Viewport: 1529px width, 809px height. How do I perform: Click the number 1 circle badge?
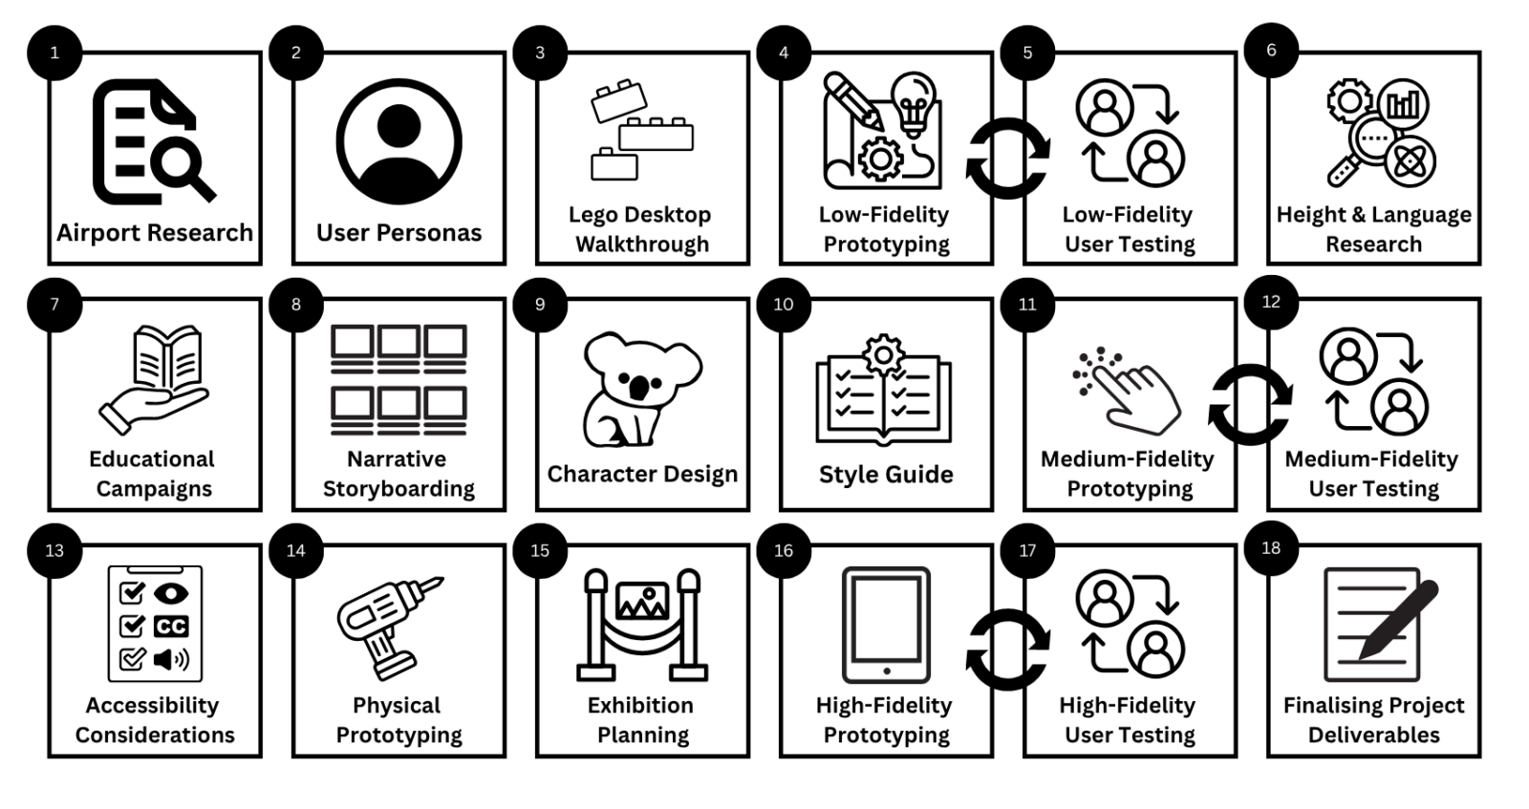pyautogui.click(x=54, y=53)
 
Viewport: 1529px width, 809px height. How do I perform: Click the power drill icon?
pyautogui.click(x=387, y=627)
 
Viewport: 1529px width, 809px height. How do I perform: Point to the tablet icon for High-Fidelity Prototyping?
pyautogui.click(x=886, y=625)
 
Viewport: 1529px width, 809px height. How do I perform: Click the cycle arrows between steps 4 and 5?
pyautogui.click(x=1007, y=159)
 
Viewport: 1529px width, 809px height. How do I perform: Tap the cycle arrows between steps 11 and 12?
pyautogui.click(x=1250, y=404)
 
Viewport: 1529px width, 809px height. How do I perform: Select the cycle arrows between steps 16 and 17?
pyautogui.click(x=1007, y=650)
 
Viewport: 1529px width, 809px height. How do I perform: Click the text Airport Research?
pyautogui.click(x=155, y=233)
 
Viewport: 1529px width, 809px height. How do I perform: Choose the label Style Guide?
pyautogui.click(x=886, y=475)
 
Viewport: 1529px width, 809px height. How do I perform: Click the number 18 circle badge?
pyautogui.click(x=1270, y=547)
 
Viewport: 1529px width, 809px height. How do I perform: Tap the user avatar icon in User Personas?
pyautogui.click(x=398, y=141)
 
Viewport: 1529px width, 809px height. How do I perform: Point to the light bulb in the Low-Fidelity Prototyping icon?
pyautogui.click(x=914, y=102)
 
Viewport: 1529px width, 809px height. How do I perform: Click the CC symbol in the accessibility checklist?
pyautogui.click(x=171, y=627)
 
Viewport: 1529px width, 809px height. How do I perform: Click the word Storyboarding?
pyautogui.click(x=398, y=489)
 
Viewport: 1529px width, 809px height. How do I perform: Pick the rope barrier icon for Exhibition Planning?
pyautogui.click(x=642, y=625)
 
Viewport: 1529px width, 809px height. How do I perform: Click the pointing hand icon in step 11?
pyautogui.click(x=1131, y=391)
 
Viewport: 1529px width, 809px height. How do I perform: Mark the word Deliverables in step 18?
pyautogui.click(x=1373, y=734)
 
